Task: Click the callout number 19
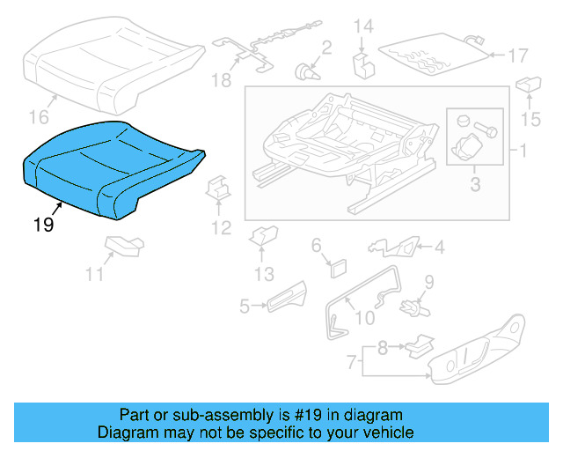[43, 225]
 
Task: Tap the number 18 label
[220, 81]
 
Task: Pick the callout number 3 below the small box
[475, 185]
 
